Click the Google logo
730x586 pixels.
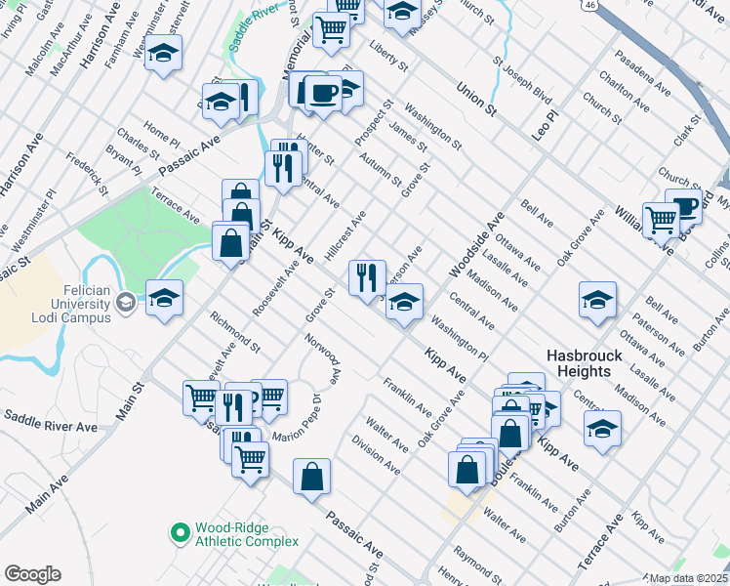32,574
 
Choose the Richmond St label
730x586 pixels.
235,331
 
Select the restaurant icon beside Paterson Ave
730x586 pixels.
367,277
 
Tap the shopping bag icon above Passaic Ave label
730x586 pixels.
311,478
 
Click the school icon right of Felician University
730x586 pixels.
164,298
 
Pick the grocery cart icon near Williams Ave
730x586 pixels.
661,220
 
